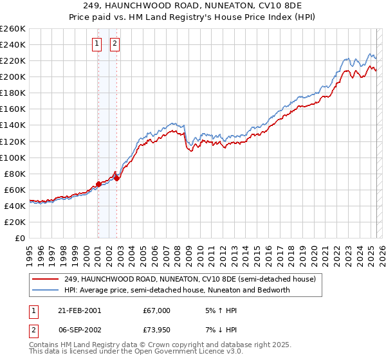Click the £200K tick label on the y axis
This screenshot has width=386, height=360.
click(13, 76)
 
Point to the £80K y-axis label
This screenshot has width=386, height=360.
click(15, 174)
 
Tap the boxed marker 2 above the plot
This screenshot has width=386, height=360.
click(115, 44)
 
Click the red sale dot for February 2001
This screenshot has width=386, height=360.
click(98, 184)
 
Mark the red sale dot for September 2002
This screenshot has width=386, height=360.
click(116, 178)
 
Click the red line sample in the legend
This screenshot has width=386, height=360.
click(46, 280)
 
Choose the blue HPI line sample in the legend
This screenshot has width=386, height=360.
click(46, 290)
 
